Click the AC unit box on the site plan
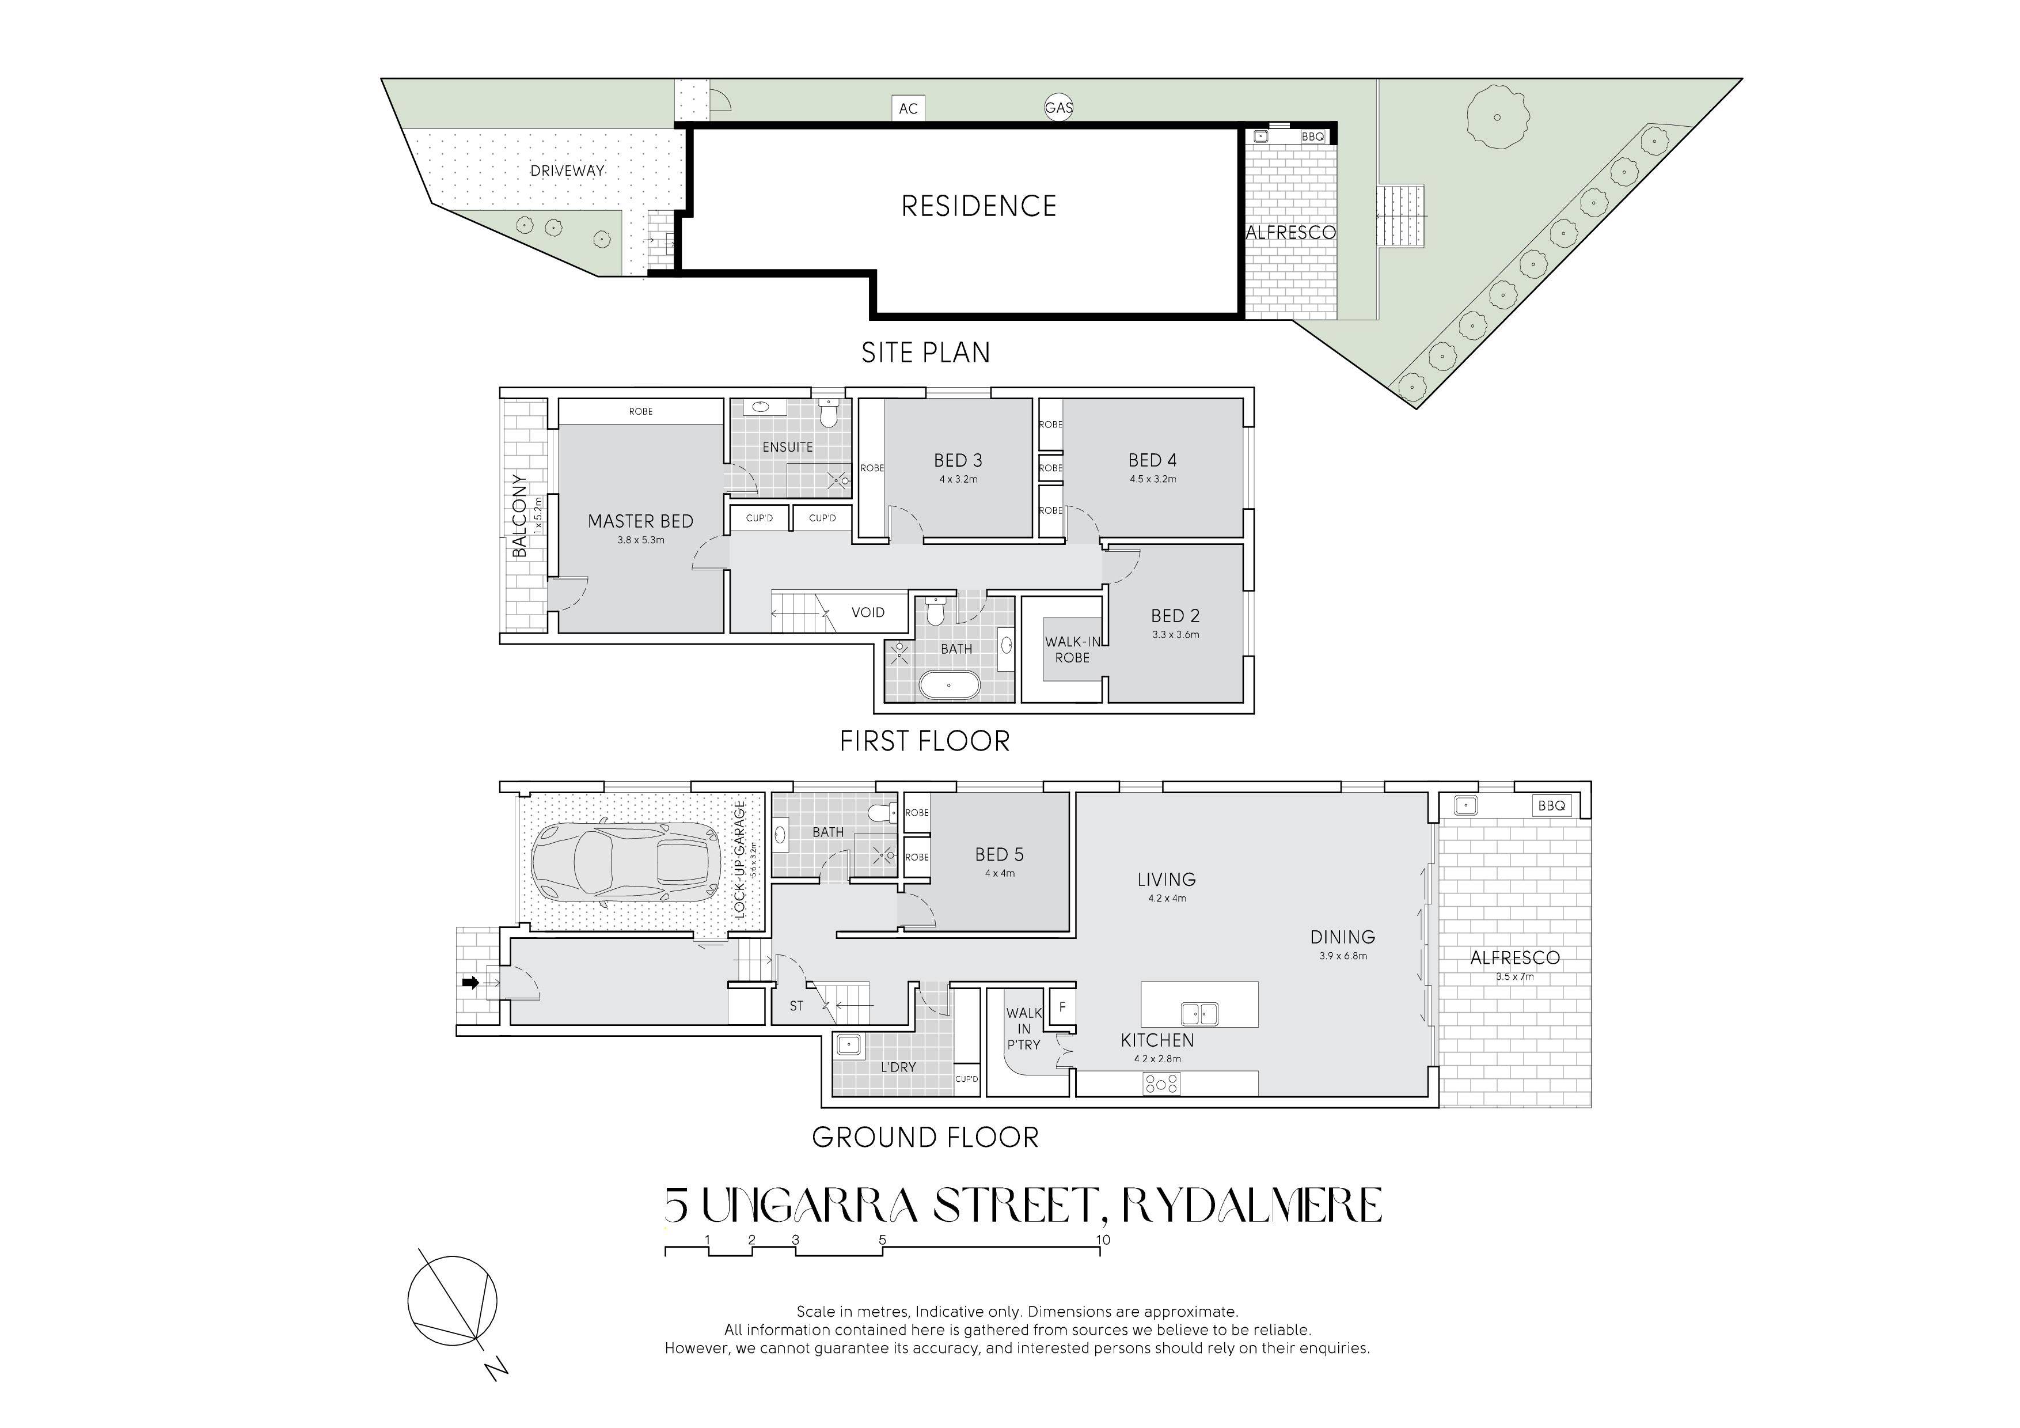[908, 108]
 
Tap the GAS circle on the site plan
[1058, 107]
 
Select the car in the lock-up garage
[626, 861]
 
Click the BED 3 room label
[958, 460]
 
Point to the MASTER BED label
[640, 521]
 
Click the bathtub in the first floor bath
[948, 684]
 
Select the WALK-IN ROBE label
[1072, 649]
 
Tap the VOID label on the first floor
[867, 612]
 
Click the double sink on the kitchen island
[1199, 1014]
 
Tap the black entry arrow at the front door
[470, 983]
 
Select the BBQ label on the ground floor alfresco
[1551, 805]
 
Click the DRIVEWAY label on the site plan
[567, 171]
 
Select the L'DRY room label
[898, 1067]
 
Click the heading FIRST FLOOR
[925, 741]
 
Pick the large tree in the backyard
[1497, 117]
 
